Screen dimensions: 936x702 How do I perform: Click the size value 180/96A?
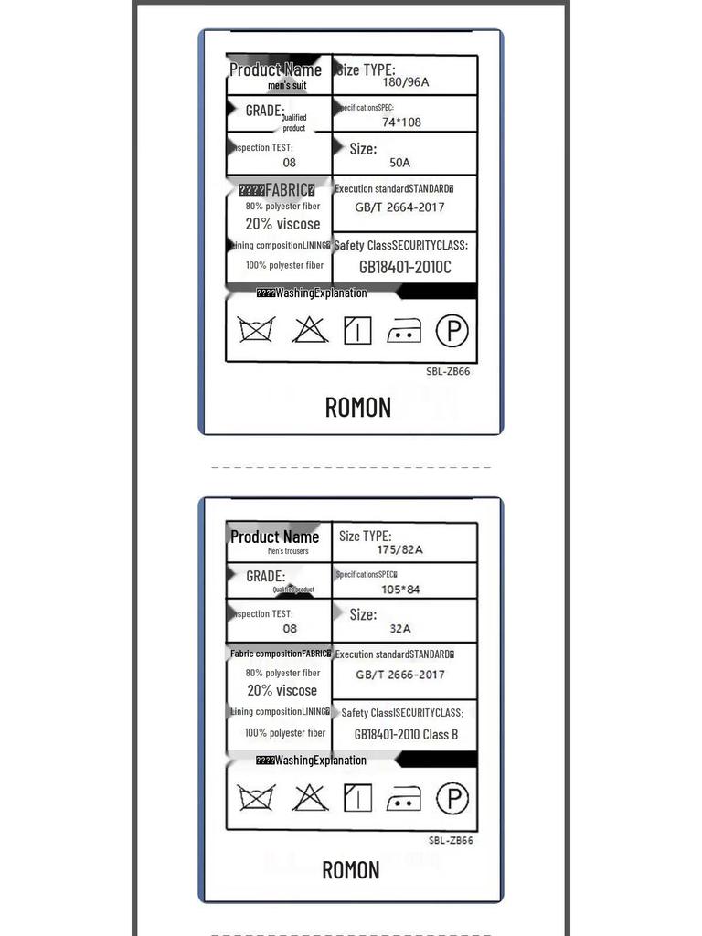click(x=406, y=82)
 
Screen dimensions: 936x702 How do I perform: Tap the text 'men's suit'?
click(x=287, y=86)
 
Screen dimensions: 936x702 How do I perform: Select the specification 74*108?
click(x=401, y=122)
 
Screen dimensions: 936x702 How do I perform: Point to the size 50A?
click(x=400, y=163)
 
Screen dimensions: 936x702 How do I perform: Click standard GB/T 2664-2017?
click(x=399, y=207)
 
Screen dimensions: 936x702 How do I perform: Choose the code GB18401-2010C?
click(x=404, y=267)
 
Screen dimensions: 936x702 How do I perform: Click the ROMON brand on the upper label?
click(x=358, y=408)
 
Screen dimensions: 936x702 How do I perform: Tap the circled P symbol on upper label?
click(x=452, y=330)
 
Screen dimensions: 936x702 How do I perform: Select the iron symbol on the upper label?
click(x=404, y=332)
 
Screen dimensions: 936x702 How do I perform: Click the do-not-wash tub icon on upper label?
click(x=257, y=329)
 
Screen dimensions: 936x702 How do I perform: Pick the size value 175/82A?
click(x=400, y=550)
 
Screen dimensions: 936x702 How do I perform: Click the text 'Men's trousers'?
click(x=288, y=551)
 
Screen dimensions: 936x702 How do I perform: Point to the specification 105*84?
click(x=400, y=590)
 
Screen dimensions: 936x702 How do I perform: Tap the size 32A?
click(x=400, y=629)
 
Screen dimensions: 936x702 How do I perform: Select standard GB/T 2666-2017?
click(x=400, y=675)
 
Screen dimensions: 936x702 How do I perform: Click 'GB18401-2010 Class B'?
click(x=406, y=734)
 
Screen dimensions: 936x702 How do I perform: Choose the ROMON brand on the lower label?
click(x=351, y=870)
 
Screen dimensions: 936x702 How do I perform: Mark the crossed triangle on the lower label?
click(x=310, y=798)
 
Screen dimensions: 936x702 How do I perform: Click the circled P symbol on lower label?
click(x=452, y=798)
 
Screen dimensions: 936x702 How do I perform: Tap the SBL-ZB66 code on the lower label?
click(x=451, y=841)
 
